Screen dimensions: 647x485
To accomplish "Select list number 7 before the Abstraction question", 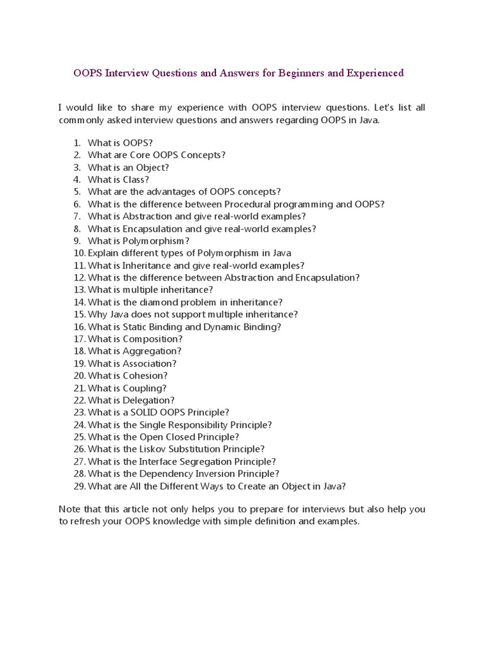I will pyautogui.click(x=77, y=217).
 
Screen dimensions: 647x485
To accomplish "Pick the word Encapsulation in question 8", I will pyautogui.click(x=152, y=229).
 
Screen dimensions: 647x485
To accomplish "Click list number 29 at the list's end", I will pyautogui.click(x=78, y=486).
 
